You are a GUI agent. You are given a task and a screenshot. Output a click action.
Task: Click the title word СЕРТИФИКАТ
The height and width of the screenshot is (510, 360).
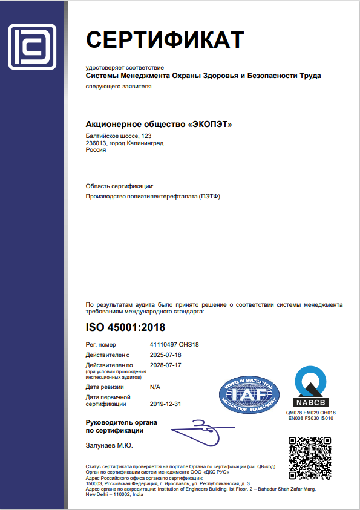(x=165, y=39)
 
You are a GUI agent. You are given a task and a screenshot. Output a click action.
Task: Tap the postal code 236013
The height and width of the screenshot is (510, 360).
(x=96, y=143)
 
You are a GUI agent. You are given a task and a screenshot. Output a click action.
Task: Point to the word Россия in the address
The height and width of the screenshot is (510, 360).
(x=96, y=150)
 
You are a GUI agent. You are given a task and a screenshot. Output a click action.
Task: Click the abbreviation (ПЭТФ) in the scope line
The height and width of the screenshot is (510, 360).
(x=210, y=197)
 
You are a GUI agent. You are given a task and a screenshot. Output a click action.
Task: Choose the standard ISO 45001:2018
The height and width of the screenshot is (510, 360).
(x=126, y=328)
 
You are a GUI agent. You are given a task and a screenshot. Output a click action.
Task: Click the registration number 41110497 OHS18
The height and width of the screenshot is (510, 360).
(x=174, y=344)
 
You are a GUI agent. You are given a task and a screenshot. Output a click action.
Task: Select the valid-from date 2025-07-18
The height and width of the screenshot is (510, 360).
(x=165, y=355)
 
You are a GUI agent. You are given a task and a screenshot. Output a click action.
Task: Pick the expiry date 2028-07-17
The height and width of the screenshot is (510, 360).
(x=165, y=365)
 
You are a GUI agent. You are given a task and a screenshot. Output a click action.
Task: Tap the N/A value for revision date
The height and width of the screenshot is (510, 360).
(x=155, y=386)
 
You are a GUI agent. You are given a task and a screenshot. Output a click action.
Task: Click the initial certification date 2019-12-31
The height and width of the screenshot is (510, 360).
(x=165, y=403)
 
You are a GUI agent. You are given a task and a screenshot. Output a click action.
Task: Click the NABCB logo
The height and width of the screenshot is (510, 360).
(x=310, y=386)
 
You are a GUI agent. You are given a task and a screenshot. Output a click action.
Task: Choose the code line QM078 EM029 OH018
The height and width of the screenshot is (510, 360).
(x=310, y=413)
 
